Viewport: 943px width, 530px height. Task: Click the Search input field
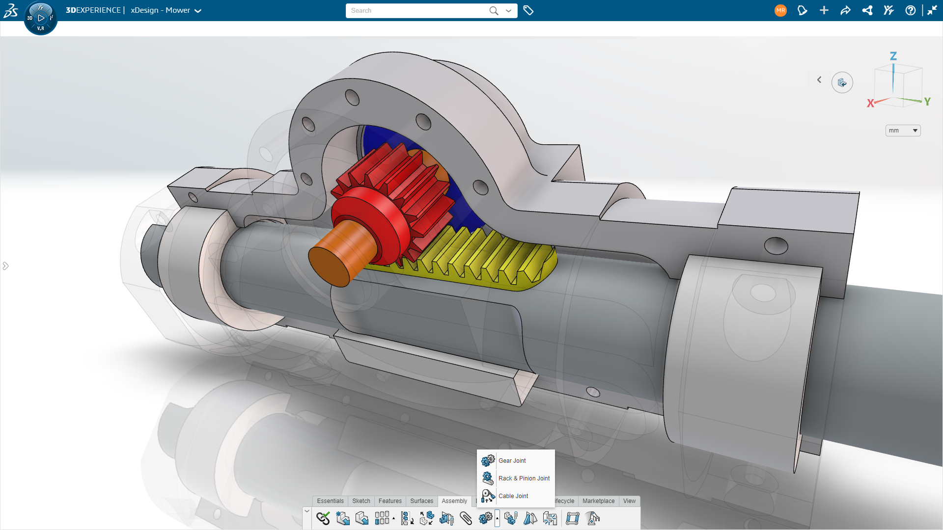point(417,10)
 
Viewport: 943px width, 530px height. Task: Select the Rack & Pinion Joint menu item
point(524,478)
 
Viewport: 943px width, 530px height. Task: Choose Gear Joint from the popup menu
point(512,460)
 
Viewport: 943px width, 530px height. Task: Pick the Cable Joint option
point(513,496)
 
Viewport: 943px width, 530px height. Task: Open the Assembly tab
point(454,501)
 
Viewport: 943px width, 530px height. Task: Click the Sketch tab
point(361,501)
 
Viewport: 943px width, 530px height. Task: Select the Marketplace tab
point(598,501)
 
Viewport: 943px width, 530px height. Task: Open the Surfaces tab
point(421,501)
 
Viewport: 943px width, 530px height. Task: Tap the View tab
point(629,501)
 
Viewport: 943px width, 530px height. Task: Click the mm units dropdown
point(903,131)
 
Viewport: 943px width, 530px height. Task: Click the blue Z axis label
point(893,56)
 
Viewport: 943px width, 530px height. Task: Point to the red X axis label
point(870,104)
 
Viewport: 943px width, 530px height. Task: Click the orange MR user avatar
point(780,10)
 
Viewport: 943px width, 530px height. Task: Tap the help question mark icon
point(910,10)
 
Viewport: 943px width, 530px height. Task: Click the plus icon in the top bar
point(824,10)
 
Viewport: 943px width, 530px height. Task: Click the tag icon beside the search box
point(528,10)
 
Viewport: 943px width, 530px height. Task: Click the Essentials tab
point(330,501)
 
